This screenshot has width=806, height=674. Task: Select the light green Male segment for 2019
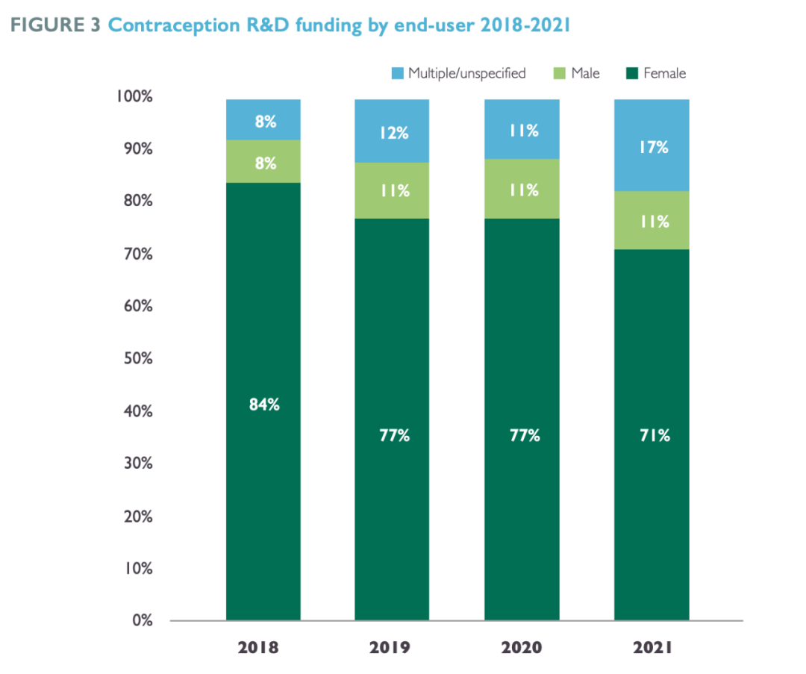click(392, 190)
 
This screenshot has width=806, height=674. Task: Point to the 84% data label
click(263, 405)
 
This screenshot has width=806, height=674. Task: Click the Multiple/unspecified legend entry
click(458, 73)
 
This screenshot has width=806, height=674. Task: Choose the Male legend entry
click(577, 73)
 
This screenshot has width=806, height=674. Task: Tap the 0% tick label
click(143, 621)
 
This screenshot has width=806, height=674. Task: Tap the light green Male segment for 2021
click(652, 220)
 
